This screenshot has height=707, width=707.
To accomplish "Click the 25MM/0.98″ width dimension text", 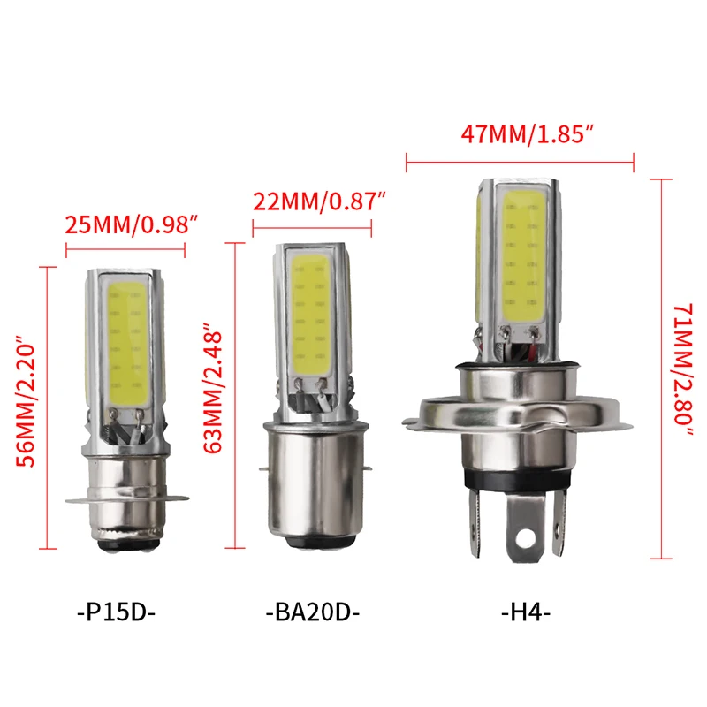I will pyautogui.click(x=129, y=225).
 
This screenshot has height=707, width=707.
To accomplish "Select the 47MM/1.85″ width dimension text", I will pyautogui.click(x=528, y=134).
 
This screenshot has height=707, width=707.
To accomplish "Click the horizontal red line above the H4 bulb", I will pyautogui.click(x=520, y=161).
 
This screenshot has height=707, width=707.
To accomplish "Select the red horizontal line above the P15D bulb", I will pyautogui.click(x=125, y=251).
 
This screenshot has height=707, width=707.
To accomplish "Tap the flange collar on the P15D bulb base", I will pyautogui.click(x=125, y=502).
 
